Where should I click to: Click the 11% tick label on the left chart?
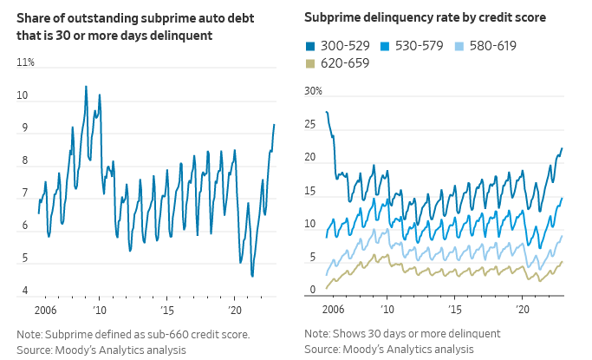point(25,62)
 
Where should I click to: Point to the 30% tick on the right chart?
point(313,91)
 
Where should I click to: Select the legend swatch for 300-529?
point(309,45)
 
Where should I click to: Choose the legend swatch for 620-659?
point(309,63)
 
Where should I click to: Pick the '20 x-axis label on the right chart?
point(522,309)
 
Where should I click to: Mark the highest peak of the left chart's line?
point(86,86)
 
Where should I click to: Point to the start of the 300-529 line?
point(326,112)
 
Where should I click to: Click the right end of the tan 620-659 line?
point(563,261)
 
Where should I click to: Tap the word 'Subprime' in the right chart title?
point(333,17)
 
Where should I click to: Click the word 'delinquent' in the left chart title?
point(180,35)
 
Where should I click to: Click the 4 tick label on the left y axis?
point(25,291)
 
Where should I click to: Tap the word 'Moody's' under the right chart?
point(368,349)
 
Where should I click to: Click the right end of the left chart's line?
point(274,124)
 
